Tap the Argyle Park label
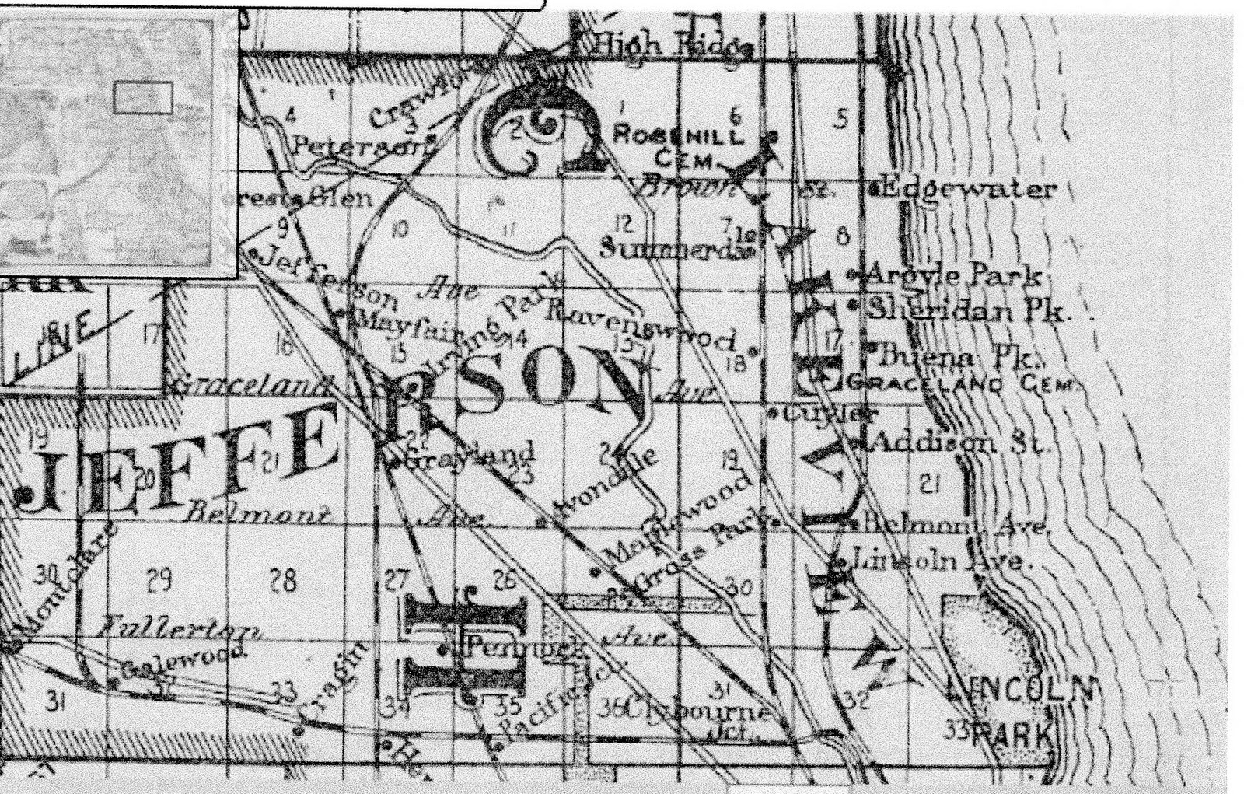[x=953, y=275]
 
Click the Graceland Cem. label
[x=961, y=383]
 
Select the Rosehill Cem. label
[x=676, y=146]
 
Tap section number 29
[x=159, y=579]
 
